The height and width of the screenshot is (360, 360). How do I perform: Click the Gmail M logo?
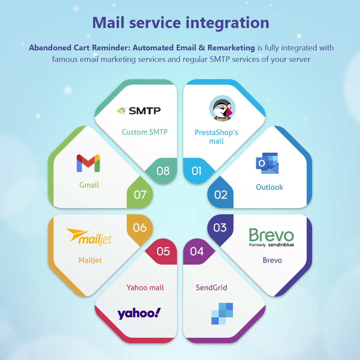coord(89,163)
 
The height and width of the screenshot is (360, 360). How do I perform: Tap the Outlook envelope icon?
coord(267,163)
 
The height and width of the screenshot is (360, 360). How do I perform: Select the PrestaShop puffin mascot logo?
coord(222,108)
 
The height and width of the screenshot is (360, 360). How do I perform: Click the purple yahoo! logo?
coord(139,314)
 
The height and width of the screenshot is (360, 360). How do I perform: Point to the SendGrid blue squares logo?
coord(222,314)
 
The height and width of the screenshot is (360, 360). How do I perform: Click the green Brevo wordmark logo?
coord(271,237)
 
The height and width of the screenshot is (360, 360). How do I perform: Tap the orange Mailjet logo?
coord(89,237)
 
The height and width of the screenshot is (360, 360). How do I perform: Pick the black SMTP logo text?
coord(144,111)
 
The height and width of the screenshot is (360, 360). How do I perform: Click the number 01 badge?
coord(197,171)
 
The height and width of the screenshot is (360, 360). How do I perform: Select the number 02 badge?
coord(221,195)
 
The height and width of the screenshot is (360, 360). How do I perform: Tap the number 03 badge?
coord(220,228)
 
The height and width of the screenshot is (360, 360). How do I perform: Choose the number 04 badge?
coord(197,251)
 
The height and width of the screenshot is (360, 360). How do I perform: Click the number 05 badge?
coord(163,251)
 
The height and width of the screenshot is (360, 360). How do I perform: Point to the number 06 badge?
coord(140,228)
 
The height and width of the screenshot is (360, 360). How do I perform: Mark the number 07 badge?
coord(140,195)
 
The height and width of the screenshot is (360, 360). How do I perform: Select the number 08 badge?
coord(163,171)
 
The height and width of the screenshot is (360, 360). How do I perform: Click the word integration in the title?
coord(227,23)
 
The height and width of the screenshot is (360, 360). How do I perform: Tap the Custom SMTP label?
coord(145,132)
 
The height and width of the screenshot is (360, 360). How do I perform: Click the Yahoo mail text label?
coord(145,287)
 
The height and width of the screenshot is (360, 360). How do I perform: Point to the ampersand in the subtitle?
coord(202,48)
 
